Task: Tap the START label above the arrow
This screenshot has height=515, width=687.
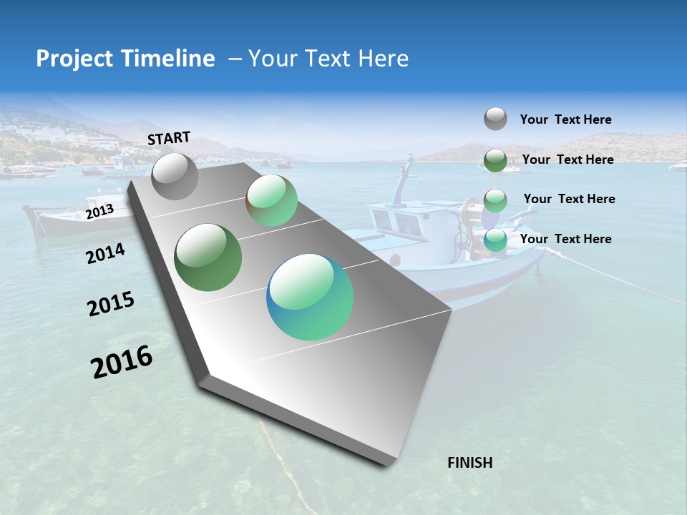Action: [169, 138]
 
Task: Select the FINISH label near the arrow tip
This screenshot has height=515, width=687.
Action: [469, 463]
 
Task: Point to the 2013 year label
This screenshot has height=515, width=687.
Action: [99, 212]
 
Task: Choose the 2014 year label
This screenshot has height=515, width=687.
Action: [105, 254]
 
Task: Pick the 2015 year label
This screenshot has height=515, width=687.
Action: [111, 305]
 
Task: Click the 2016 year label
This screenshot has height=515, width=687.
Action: [122, 362]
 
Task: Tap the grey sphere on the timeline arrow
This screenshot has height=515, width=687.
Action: [175, 176]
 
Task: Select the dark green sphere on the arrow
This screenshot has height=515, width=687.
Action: [208, 257]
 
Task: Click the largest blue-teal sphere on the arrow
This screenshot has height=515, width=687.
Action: [310, 297]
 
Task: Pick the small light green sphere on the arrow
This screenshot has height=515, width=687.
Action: [271, 201]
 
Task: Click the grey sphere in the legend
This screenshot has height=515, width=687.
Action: [495, 119]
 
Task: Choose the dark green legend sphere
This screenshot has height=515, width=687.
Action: [495, 160]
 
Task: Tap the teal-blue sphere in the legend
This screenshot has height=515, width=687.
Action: [495, 240]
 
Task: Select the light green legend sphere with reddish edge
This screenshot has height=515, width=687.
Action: [495, 200]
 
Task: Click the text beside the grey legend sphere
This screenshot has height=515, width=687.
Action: [565, 119]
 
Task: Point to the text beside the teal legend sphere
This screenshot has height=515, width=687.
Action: [565, 239]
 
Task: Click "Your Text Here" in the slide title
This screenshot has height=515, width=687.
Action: [328, 59]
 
